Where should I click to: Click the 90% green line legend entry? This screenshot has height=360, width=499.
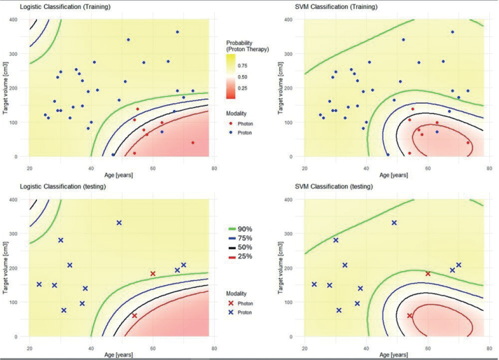click(x=241, y=229)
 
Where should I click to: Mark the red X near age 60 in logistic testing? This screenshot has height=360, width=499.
click(x=153, y=274)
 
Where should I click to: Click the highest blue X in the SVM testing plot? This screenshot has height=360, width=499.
click(x=394, y=223)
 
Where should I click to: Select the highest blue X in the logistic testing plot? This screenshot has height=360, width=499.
click(x=119, y=223)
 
